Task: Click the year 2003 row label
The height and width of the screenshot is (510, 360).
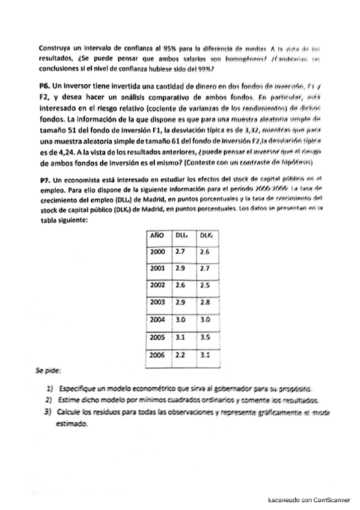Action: [x=158, y=303]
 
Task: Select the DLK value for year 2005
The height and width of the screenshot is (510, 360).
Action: [x=205, y=338]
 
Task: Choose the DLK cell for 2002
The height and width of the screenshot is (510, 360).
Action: [x=205, y=285]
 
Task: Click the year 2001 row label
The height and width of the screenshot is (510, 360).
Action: [x=158, y=268]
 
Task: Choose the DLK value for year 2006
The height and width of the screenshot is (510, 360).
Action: [x=205, y=355]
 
